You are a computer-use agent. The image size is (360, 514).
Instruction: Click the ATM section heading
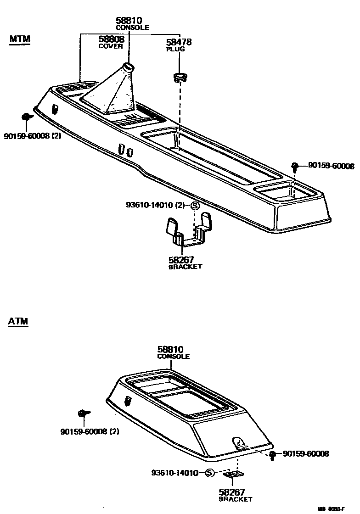[x=18, y=321]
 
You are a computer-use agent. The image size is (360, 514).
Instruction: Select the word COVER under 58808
[x=111, y=47]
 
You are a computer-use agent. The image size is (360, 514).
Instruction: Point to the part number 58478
[x=179, y=42]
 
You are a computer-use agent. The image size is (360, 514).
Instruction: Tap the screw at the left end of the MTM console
[x=27, y=117]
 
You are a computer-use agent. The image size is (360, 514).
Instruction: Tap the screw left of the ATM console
[x=83, y=413]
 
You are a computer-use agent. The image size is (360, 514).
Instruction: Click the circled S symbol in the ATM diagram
[x=209, y=473]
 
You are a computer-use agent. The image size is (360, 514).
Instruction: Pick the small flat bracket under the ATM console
[x=237, y=475]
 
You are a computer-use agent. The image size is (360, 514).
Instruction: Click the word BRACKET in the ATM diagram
[x=235, y=499]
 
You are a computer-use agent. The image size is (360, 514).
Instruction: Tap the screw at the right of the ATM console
[x=273, y=455]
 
